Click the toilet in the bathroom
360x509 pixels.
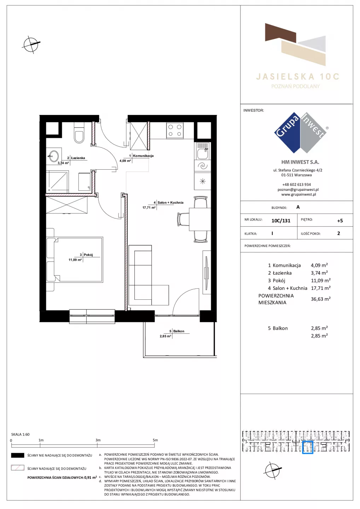tap(79, 133)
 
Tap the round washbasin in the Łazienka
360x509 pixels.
tap(54, 156)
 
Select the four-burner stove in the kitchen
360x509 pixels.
tap(175, 130)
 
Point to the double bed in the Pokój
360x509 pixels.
tap(75, 259)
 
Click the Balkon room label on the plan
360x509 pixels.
tap(179, 331)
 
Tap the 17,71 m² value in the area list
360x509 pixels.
tap(321, 288)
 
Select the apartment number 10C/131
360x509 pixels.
tap(281, 221)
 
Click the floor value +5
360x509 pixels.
tap(340, 221)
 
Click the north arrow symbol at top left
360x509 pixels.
tap(31, 45)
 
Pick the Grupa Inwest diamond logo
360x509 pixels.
tap(301, 133)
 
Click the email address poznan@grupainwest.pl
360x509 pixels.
tap(298, 189)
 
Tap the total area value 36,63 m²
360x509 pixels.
tap(321, 299)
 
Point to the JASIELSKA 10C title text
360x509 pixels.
tap(298, 77)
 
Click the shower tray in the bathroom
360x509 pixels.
tap(57, 181)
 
